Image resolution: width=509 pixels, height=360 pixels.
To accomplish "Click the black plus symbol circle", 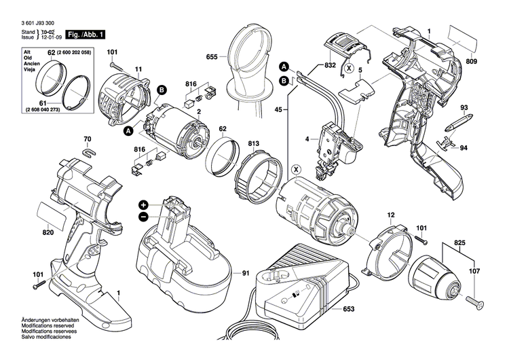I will pyautogui.click(x=144, y=204).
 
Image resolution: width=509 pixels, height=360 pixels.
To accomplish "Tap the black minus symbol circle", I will pyautogui.click(x=144, y=217).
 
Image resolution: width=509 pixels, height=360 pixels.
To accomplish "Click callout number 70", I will pyautogui.click(x=86, y=140).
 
